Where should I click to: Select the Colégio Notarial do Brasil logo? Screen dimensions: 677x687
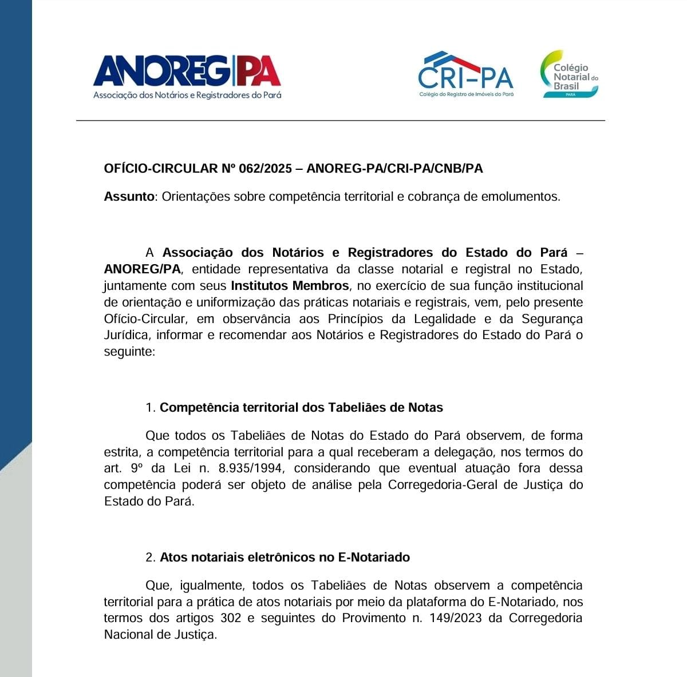point(570,74)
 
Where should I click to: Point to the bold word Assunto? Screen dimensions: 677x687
point(129,197)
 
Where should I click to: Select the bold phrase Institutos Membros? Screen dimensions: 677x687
point(290,286)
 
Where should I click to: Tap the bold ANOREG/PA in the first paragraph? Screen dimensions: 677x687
point(142,269)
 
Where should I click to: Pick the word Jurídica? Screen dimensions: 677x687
point(127,336)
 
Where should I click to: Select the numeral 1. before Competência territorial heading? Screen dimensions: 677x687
point(151,408)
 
